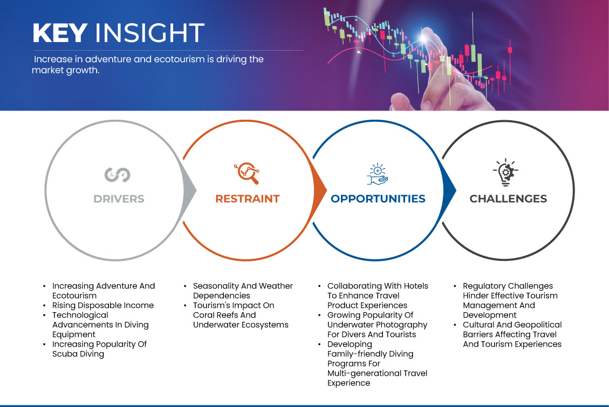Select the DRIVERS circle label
119,199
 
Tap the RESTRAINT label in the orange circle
248,199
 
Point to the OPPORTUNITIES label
378,199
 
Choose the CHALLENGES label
508,199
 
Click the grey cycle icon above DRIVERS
117,175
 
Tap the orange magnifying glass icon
247,173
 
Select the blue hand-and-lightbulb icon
377,174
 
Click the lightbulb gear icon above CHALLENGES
505,172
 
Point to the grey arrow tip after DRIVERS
196,190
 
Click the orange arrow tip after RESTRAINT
326,190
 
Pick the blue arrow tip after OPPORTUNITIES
456,190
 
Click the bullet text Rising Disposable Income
103,305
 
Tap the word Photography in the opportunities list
402,325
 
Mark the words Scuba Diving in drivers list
78,354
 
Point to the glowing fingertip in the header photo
424,37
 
